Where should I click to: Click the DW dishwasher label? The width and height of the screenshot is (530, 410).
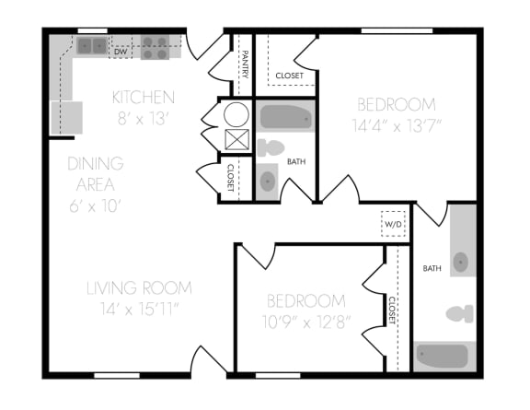(121, 53)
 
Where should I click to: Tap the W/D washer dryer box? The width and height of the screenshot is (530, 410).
(394, 224)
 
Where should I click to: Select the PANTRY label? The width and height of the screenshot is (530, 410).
(245, 65)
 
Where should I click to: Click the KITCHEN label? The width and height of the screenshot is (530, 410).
(143, 97)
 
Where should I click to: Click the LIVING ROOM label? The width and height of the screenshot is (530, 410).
(140, 288)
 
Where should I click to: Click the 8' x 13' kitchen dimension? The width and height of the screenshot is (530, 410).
(143, 117)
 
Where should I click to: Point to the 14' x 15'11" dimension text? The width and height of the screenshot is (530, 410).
(140, 309)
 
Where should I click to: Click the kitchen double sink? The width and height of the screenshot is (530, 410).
(92, 45)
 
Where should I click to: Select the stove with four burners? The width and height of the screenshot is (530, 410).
(155, 47)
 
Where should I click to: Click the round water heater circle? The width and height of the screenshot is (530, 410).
(236, 114)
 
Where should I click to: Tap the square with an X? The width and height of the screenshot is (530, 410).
(236, 141)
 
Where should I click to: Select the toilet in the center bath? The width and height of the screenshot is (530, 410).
(271, 147)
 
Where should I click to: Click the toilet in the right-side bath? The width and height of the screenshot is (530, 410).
(460, 313)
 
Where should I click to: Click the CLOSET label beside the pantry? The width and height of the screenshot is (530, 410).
(290, 75)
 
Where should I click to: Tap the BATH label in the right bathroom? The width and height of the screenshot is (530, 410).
(432, 268)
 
